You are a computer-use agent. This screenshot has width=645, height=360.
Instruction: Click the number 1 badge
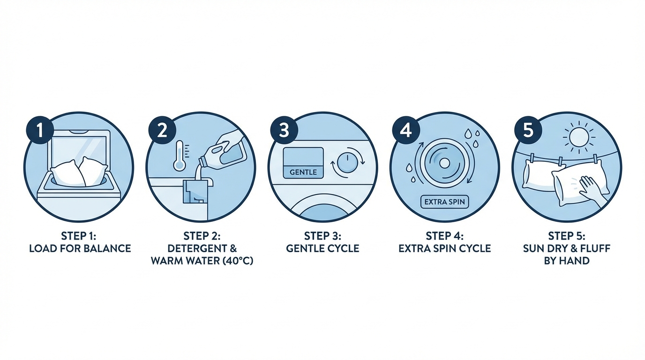tap(40, 130)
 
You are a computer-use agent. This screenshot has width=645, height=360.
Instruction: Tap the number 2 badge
tap(162, 130)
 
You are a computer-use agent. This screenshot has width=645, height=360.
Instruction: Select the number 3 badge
tap(284, 130)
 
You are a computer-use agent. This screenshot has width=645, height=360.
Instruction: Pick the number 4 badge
tap(406, 130)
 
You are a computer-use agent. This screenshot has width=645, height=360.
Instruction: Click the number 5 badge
tap(528, 130)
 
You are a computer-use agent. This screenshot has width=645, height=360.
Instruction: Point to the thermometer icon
tap(180, 156)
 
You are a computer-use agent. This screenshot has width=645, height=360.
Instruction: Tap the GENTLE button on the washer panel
tap(303, 172)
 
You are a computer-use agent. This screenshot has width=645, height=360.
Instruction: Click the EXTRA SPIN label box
tap(444, 202)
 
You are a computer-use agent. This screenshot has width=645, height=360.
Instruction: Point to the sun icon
tap(579, 138)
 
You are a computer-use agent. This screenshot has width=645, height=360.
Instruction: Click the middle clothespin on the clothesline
tap(560, 162)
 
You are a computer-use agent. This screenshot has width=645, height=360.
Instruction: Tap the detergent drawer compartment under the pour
tap(195, 191)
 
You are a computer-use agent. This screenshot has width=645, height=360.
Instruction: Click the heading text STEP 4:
tap(444, 236)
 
